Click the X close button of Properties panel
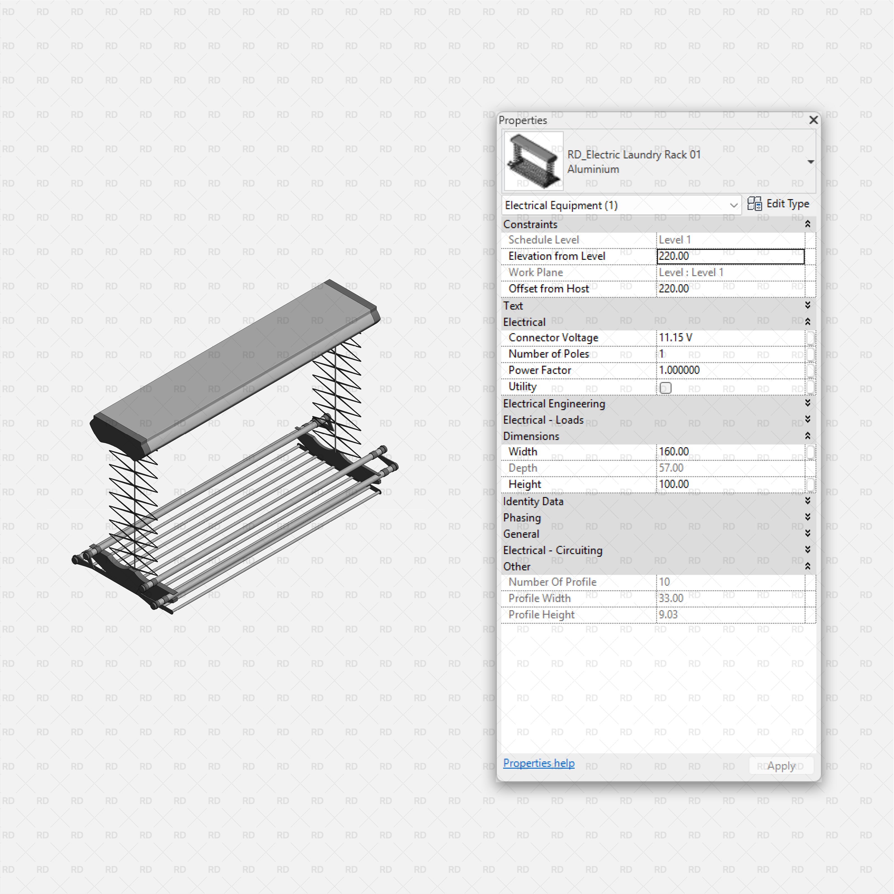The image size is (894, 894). pos(813,120)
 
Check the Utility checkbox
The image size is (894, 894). pos(665,388)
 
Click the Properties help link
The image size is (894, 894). pos(539,763)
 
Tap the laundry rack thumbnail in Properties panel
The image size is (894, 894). pos(534,161)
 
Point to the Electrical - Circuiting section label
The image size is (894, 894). pos(553,550)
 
